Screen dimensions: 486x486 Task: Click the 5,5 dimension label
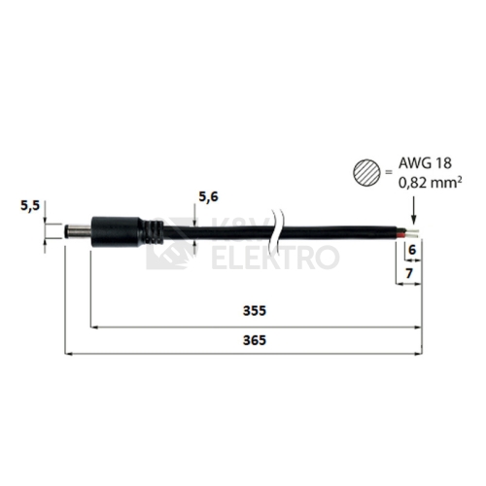click(30, 205)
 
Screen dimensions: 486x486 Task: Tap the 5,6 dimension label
click(208, 196)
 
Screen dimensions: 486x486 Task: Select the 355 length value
click(255, 311)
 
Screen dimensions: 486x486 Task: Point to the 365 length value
click(255, 340)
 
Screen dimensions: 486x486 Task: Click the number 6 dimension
click(412, 250)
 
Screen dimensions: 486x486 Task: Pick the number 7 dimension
click(409, 274)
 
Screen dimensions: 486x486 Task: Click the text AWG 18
click(425, 163)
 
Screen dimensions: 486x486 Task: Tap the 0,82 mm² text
click(430, 183)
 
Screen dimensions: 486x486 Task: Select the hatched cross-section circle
click(366, 173)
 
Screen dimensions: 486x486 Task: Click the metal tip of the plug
click(78, 231)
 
